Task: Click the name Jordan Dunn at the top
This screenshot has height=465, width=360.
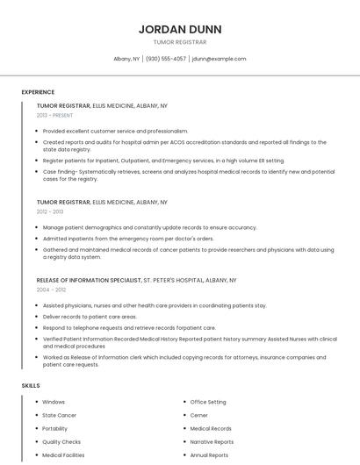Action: point(180,29)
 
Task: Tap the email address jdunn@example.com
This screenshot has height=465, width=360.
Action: point(219,59)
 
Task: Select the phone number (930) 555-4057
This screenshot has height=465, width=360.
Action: point(166,59)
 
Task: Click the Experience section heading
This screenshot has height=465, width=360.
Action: point(38,92)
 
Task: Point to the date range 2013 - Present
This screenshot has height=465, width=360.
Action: point(54,115)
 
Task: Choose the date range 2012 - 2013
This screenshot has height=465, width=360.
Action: point(50,211)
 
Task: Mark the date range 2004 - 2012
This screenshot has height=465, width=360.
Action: point(50,289)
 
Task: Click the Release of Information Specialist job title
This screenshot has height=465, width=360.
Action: point(89,280)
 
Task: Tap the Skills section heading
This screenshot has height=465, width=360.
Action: point(31,385)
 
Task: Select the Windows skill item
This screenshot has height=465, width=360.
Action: point(54,402)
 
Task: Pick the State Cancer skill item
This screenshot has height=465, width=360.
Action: point(59,415)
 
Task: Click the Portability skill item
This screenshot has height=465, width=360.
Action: point(55,428)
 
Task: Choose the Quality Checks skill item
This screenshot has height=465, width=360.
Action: point(61,442)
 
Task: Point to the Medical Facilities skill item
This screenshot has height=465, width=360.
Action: point(63,455)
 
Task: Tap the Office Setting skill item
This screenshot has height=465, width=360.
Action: point(208,402)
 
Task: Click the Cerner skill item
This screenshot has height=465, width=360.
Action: point(199,415)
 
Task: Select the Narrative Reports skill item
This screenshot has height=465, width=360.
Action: point(212,442)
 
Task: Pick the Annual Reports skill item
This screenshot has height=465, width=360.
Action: point(209,455)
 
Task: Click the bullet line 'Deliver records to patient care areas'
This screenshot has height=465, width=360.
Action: point(90,316)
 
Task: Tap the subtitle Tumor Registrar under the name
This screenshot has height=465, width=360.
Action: point(180,42)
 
